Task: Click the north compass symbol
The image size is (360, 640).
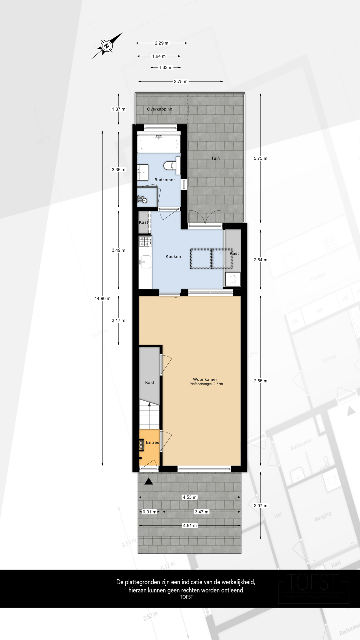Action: point(107,46)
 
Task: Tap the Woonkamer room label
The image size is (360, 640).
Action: point(205,379)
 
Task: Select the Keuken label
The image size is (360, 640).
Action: point(173,256)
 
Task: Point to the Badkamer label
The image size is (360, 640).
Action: point(165,180)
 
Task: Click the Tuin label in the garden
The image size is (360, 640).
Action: point(215,158)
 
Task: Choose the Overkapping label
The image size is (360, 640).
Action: point(160,109)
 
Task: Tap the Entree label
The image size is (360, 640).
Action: point(152,442)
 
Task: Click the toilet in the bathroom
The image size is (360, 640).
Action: point(171,165)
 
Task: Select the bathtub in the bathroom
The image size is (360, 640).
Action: point(159,144)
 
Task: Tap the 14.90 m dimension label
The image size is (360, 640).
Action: point(102,298)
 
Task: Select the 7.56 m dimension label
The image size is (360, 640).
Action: point(260,381)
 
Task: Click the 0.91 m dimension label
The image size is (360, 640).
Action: point(149,512)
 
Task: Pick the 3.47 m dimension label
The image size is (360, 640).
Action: point(201,512)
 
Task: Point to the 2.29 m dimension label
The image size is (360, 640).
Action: point(161,43)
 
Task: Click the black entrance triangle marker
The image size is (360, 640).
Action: point(149,481)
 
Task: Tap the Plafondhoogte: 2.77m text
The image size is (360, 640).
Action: point(206,384)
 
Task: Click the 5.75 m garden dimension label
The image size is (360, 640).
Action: point(260,158)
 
